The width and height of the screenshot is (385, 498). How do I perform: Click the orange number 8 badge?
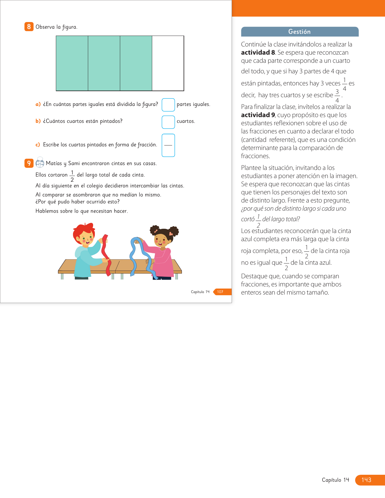coord(29,27)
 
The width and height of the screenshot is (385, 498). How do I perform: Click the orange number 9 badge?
coord(29,163)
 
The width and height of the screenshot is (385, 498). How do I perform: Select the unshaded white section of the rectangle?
coord(168,63)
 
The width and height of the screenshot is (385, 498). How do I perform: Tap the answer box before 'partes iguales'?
coord(168,105)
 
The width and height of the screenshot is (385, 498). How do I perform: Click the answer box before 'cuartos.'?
coord(168,122)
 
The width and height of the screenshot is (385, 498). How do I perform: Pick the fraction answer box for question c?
coord(168,145)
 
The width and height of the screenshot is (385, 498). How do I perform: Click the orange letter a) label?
coord(38,104)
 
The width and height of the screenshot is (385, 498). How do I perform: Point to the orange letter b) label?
coord(38,121)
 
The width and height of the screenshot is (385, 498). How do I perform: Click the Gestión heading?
coord(299,32)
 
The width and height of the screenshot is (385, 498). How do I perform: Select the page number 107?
coord(220,292)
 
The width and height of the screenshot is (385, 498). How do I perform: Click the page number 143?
coord(366,480)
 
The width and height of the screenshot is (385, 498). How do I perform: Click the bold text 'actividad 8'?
coord(258,53)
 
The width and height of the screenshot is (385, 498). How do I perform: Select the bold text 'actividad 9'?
coord(258,115)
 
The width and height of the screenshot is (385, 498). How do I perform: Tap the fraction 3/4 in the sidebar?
coord(337,96)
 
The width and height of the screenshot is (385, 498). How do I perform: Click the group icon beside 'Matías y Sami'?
coord(40,163)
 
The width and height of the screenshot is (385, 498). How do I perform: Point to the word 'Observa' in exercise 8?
coord(45,27)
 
